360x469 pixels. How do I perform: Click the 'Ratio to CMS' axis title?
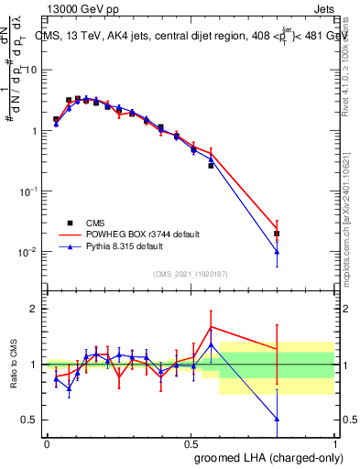(x=14, y=365)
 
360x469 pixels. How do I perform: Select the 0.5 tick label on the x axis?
(x=192, y=443)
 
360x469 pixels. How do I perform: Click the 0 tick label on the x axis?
(x=48, y=443)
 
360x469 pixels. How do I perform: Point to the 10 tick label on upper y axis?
(x=30, y=71)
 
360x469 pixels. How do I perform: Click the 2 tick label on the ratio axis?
(x=35, y=309)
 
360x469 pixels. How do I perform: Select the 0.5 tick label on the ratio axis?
(x=30, y=420)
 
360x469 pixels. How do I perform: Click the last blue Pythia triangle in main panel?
(x=277, y=252)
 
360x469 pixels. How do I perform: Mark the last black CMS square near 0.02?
(x=277, y=234)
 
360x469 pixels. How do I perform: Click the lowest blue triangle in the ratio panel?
(x=277, y=419)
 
